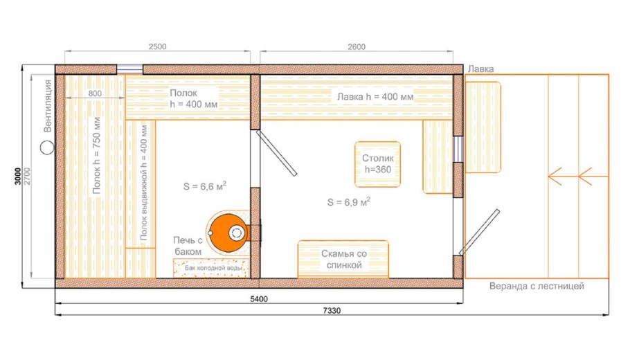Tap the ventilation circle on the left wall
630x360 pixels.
click(x=47, y=147)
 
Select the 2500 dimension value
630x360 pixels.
click(x=158, y=46)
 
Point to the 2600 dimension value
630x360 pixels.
click(x=357, y=46)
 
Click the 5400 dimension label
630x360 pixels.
click(x=259, y=299)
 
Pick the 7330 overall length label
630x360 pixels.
click(x=332, y=311)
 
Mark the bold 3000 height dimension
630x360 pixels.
click(x=18, y=176)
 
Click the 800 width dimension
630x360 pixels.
click(x=95, y=93)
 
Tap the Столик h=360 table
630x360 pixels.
click(x=378, y=164)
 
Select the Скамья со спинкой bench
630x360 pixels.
click(x=343, y=259)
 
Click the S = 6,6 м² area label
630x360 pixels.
click(x=204, y=186)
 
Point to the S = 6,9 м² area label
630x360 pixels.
click(x=348, y=201)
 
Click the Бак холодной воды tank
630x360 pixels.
click(x=211, y=268)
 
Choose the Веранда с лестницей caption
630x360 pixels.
click(x=537, y=286)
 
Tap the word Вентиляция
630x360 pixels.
click(x=48, y=106)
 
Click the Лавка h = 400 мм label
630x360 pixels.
click(x=375, y=97)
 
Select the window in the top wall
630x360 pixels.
click(x=129, y=69)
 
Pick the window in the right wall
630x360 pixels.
click(x=458, y=150)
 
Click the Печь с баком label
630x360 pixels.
click(x=188, y=246)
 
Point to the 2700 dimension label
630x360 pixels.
click(x=27, y=176)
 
